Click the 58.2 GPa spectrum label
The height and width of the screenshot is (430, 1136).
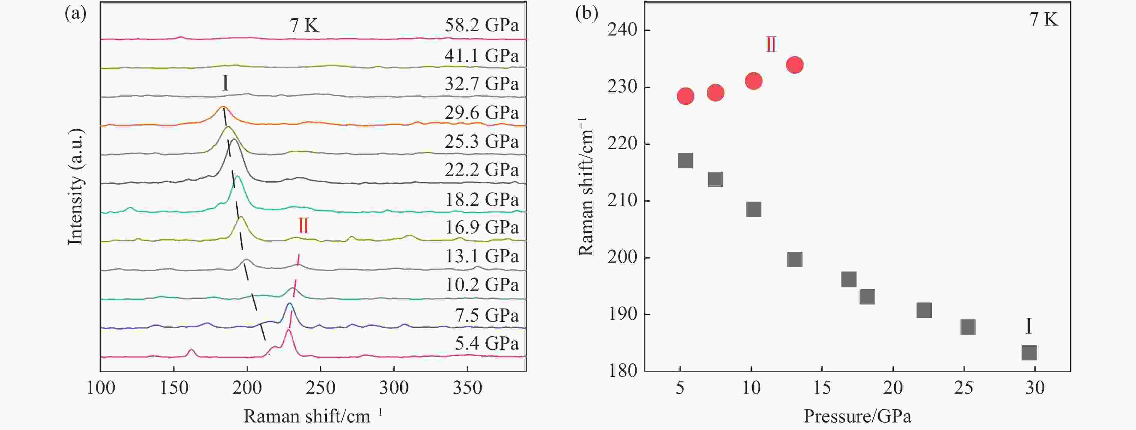click(x=481, y=25)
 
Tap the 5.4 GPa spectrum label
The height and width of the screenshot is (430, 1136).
click(x=487, y=343)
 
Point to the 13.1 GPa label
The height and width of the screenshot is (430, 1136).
click(x=481, y=256)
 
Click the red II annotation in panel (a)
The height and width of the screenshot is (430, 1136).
click(x=303, y=226)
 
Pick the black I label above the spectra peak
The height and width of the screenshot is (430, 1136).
click(x=225, y=82)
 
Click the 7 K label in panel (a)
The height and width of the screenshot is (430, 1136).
click(x=304, y=25)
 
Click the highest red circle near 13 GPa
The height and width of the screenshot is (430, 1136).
click(x=795, y=65)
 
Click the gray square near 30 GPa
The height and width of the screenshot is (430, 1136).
click(x=1029, y=352)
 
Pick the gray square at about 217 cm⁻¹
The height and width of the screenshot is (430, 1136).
click(x=685, y=161)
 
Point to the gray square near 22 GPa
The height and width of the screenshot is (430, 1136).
click(x=924, y=310)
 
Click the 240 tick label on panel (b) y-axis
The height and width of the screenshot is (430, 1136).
click(x=622, y=30)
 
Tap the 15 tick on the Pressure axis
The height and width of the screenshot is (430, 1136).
click(x=822, y=388)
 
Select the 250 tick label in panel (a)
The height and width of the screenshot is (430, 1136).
click(x=321, y=388)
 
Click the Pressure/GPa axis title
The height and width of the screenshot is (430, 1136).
click(x=857, y=416)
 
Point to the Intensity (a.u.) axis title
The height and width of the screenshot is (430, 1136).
click(x=75, y=186)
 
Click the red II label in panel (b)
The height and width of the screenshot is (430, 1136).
click(x=771, y=45)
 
